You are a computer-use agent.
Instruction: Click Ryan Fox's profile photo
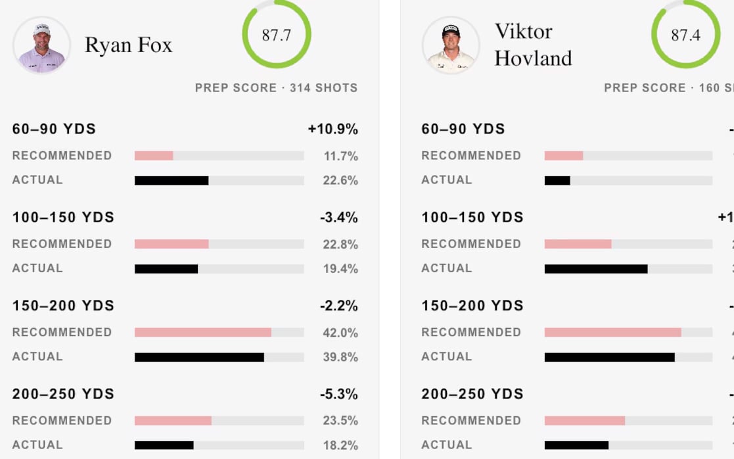(41, 45)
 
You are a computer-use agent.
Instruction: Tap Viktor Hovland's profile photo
(451, 45)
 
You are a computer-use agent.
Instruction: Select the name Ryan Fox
(128, 45)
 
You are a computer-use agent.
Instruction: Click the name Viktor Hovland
(533, 45)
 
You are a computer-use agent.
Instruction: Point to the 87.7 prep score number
(276, 36)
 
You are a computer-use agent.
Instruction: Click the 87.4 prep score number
(685, 36)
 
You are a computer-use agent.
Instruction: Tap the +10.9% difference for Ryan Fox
(333, 129)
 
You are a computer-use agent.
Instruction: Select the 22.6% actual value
(340, 180)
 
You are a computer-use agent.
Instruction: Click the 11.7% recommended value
(340, 156)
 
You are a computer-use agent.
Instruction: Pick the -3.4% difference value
(338, 217)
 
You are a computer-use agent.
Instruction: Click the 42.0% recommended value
(340, 332)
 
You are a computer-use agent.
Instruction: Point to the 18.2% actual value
(340, 445)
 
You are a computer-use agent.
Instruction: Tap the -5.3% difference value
(338, 394)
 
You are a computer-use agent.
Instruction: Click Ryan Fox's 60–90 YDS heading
(54, 129)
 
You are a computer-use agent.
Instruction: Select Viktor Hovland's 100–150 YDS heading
(472, 217)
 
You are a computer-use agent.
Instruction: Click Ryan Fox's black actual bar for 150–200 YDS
(199, 357)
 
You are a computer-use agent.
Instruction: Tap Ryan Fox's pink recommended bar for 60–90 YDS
(154, 156)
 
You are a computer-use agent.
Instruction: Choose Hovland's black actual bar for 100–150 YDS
(595, 268)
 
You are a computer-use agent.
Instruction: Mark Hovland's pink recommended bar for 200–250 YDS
(584, 420)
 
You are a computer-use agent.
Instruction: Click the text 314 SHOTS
(323, 88)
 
